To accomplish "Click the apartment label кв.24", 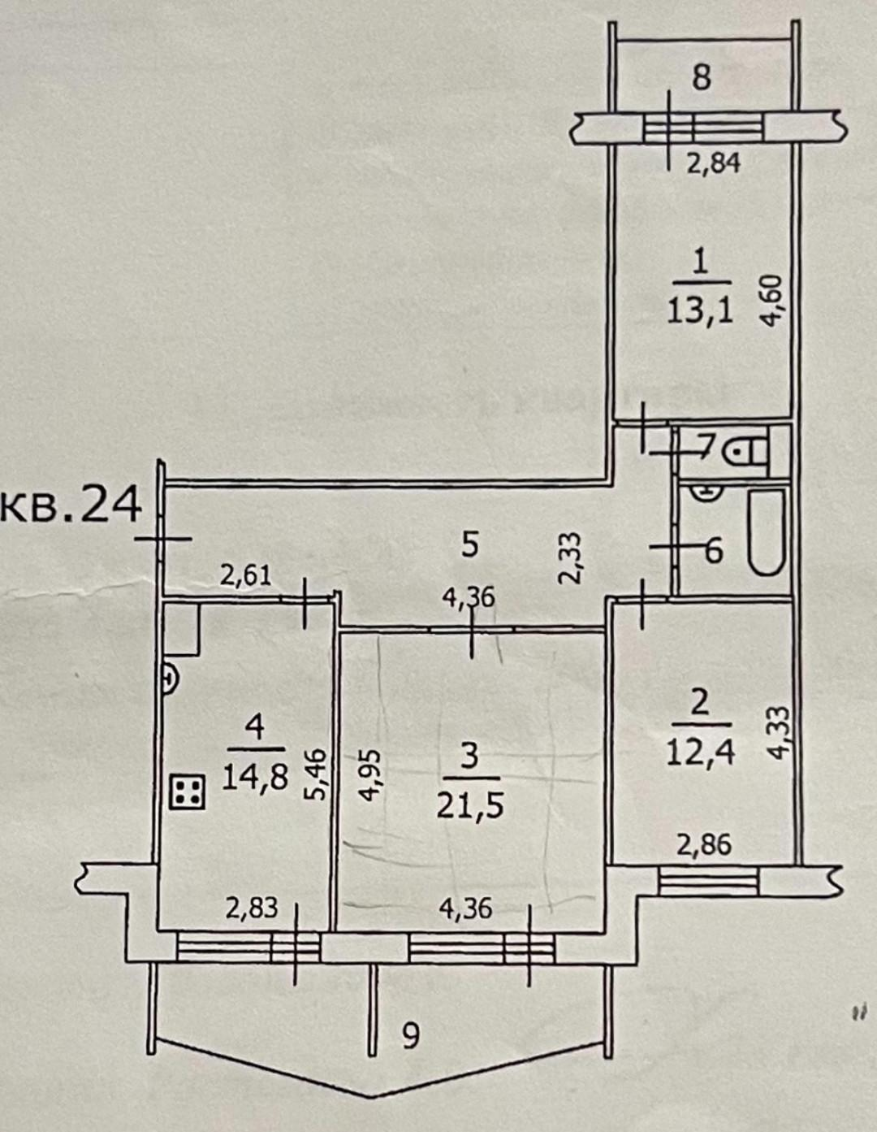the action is point(71,505).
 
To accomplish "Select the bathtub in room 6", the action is point(766,532).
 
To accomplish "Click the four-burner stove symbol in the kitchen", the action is point(188,792).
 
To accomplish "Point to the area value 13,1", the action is point(702,314).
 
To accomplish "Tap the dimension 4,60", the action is point(774,301).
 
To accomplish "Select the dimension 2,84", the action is point(714,165).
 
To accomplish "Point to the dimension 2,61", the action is point(246,577).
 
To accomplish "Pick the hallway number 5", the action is point(469,545).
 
